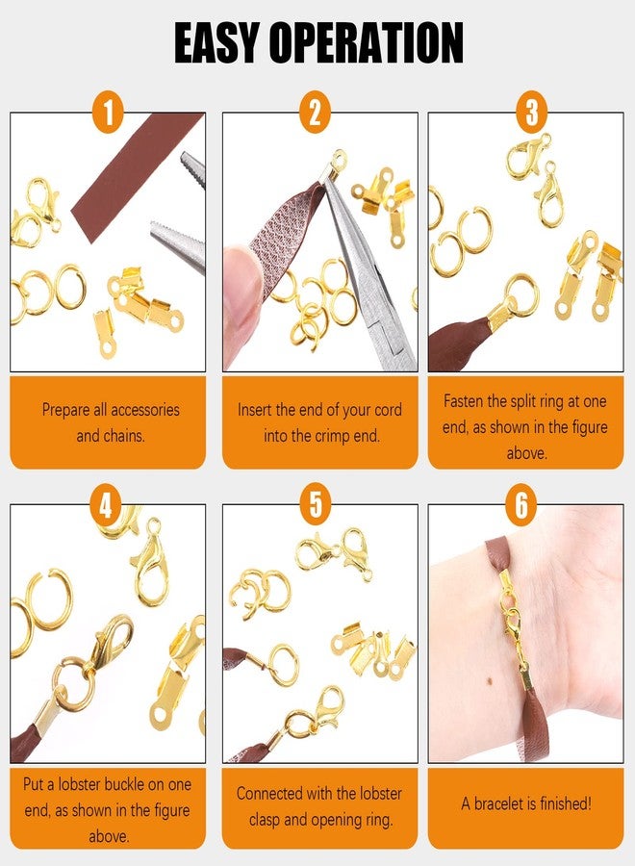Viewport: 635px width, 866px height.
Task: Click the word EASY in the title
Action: pos(227,43)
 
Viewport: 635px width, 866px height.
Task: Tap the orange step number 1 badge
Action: pos(108,114)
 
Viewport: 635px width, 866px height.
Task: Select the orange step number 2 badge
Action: pos(315,114)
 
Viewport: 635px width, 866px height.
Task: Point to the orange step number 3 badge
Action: pos(530,114)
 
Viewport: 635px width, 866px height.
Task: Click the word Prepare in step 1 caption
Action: pos(70,410)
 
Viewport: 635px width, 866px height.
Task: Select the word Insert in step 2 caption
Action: pos(259,410)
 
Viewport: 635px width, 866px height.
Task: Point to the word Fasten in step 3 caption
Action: pos(468,400)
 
